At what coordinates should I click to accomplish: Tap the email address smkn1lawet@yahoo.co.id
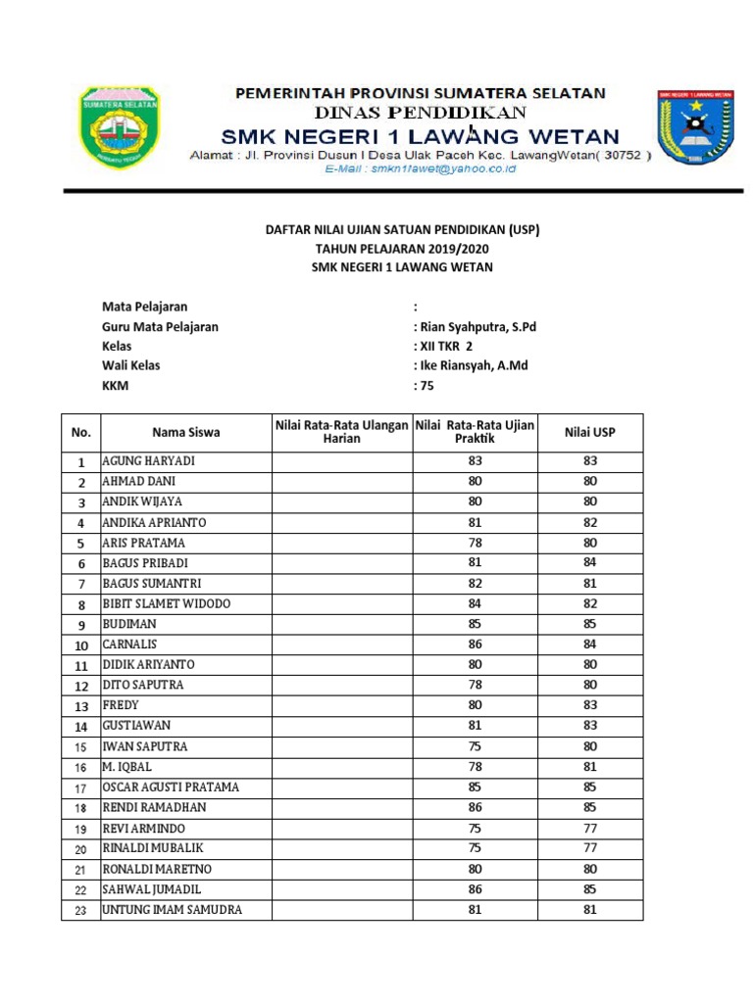click(420, 168)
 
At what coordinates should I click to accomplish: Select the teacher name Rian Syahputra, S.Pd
click(477, 327)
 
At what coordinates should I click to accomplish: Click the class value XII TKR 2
click(446, 347)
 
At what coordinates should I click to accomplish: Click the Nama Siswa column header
click(186, 432)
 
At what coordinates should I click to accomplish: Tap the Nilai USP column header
click(590, 432)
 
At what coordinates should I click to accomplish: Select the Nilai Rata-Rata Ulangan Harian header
click(341, 432)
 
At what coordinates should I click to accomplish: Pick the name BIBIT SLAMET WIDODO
click(167, 604)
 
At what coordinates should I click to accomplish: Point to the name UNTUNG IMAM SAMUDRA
click(173, 910)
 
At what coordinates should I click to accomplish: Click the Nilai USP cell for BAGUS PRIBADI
click(590, 563)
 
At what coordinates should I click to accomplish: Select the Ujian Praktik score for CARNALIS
click(475, 645)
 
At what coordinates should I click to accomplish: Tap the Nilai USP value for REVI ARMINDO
click(590, 828)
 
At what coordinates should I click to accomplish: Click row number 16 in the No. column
click(81, 767)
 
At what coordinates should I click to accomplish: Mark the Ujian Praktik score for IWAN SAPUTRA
click(475, 746)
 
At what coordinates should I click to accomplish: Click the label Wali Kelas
click(130, 366)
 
